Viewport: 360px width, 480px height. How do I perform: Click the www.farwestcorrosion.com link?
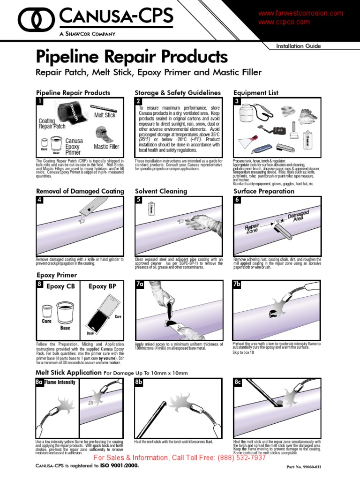coord(300,14)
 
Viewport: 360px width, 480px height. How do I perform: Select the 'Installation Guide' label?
coord(298,46)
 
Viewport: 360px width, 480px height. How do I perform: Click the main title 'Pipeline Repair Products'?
coord(132,57)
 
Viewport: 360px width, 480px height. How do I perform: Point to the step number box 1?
coord(40,101)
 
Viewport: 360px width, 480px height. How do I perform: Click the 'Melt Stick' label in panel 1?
coord(105,115)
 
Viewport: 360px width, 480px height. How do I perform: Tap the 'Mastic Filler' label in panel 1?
coord(106,147)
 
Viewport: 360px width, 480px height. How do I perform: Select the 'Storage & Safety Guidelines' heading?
coord(177,93)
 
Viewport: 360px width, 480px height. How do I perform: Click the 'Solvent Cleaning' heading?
coord(161,191)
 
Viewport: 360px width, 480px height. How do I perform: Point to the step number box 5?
coord(139,200)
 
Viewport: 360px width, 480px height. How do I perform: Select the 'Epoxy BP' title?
coord(101,287)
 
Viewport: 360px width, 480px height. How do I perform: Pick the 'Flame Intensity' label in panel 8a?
coord(60,382)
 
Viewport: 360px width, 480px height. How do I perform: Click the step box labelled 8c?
coord(238,382)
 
